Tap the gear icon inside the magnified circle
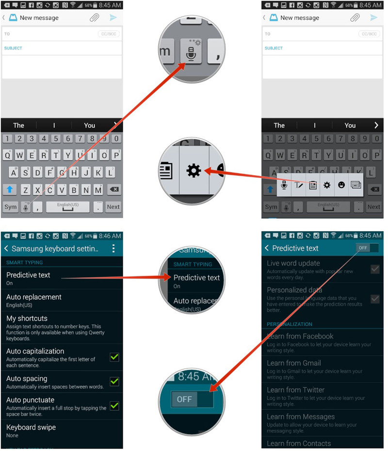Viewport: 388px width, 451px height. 194,171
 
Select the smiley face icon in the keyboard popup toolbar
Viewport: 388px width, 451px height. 341,185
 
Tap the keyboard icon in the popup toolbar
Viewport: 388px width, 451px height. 356,185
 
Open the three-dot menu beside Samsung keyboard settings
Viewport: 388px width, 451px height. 113,249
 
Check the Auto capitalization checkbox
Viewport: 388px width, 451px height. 114,357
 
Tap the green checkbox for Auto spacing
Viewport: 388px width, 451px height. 114,382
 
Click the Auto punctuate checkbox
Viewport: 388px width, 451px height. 114,405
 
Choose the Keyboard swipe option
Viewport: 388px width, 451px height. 31,427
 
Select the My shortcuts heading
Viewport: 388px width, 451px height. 27,318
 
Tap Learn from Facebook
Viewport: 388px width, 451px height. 300,336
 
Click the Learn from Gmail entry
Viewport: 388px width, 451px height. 293,363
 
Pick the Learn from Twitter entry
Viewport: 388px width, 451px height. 295,389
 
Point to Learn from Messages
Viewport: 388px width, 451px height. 301,417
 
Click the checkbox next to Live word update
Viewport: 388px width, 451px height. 375,269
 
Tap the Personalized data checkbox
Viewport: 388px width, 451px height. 375,298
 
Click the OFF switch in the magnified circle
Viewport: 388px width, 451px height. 192,399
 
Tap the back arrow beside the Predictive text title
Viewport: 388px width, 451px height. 267,248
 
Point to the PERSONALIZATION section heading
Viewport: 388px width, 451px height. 290,324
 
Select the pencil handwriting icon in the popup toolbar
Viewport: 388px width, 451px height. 299,185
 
